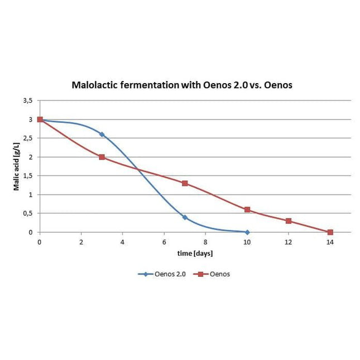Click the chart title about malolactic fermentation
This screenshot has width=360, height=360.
click(182, 85)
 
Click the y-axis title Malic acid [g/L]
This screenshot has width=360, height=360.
click(17, 166)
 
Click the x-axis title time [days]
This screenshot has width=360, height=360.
click(195, 253)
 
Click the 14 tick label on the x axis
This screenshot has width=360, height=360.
click(330, 242)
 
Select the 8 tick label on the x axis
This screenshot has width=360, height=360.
click(205, 242)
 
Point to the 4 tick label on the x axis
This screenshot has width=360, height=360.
click(122, 242)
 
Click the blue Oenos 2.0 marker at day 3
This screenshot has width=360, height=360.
click(102, 135)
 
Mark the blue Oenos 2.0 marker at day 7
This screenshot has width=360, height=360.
click(185, 217)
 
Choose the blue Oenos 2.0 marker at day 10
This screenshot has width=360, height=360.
click(247, 232)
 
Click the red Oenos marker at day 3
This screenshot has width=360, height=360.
click(102, 157)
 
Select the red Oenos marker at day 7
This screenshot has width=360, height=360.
click(185, 183)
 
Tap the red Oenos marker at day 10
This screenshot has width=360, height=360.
click(247, 210)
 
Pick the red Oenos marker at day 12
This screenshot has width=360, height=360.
click(289, 221)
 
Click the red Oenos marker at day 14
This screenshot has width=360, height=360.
click(330, 232)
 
